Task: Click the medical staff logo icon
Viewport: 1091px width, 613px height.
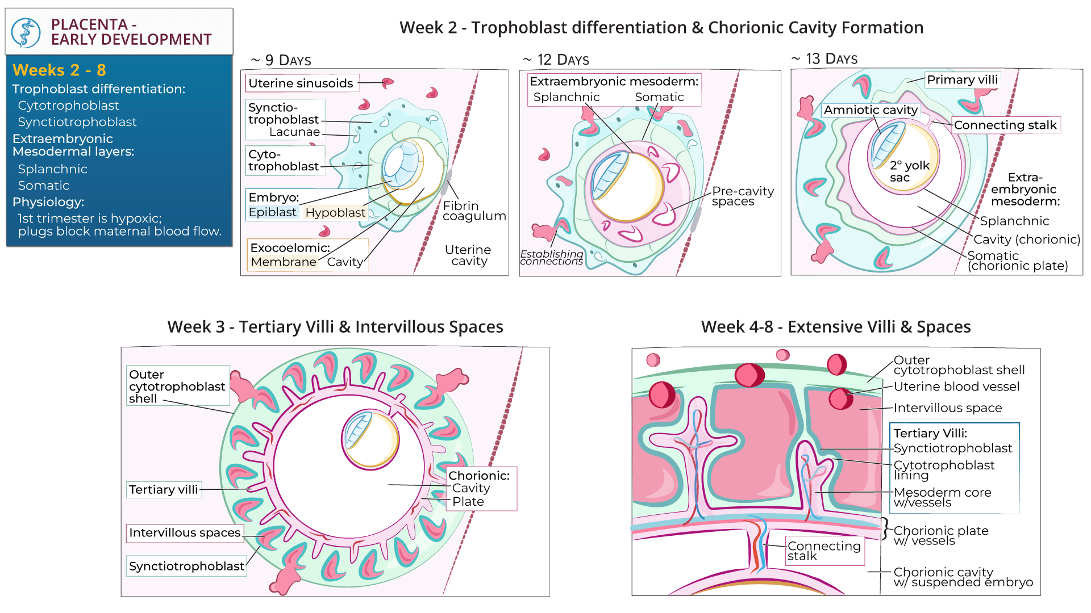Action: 26,32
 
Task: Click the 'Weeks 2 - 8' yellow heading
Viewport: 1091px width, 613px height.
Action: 59,70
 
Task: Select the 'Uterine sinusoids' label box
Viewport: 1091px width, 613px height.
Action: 301,83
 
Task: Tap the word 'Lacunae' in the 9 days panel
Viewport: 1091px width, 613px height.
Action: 294,132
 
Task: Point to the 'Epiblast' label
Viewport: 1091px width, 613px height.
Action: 272,212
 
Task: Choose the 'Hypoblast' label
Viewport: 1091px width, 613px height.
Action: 335,213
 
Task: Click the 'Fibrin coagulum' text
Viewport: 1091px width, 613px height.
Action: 473,211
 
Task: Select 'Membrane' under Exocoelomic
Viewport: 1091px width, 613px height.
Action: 283,262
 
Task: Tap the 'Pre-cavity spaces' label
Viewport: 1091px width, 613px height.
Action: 742,196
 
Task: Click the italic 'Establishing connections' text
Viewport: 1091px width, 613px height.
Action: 551,258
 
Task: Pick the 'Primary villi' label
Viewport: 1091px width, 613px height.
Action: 962,80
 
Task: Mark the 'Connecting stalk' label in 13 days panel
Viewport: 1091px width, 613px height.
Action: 1005,125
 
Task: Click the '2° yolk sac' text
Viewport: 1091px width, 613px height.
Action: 909,171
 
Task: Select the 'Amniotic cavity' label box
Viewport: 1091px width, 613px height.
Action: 871,110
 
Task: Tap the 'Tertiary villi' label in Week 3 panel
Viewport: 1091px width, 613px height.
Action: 163,490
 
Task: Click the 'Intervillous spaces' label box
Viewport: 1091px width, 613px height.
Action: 185,533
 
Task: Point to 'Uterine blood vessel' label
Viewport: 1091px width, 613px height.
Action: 956,387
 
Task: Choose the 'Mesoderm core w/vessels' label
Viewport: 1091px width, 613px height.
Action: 942,498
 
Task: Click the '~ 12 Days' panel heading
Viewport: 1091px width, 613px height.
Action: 556,60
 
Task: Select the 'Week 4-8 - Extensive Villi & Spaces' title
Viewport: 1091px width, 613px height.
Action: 835,328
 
